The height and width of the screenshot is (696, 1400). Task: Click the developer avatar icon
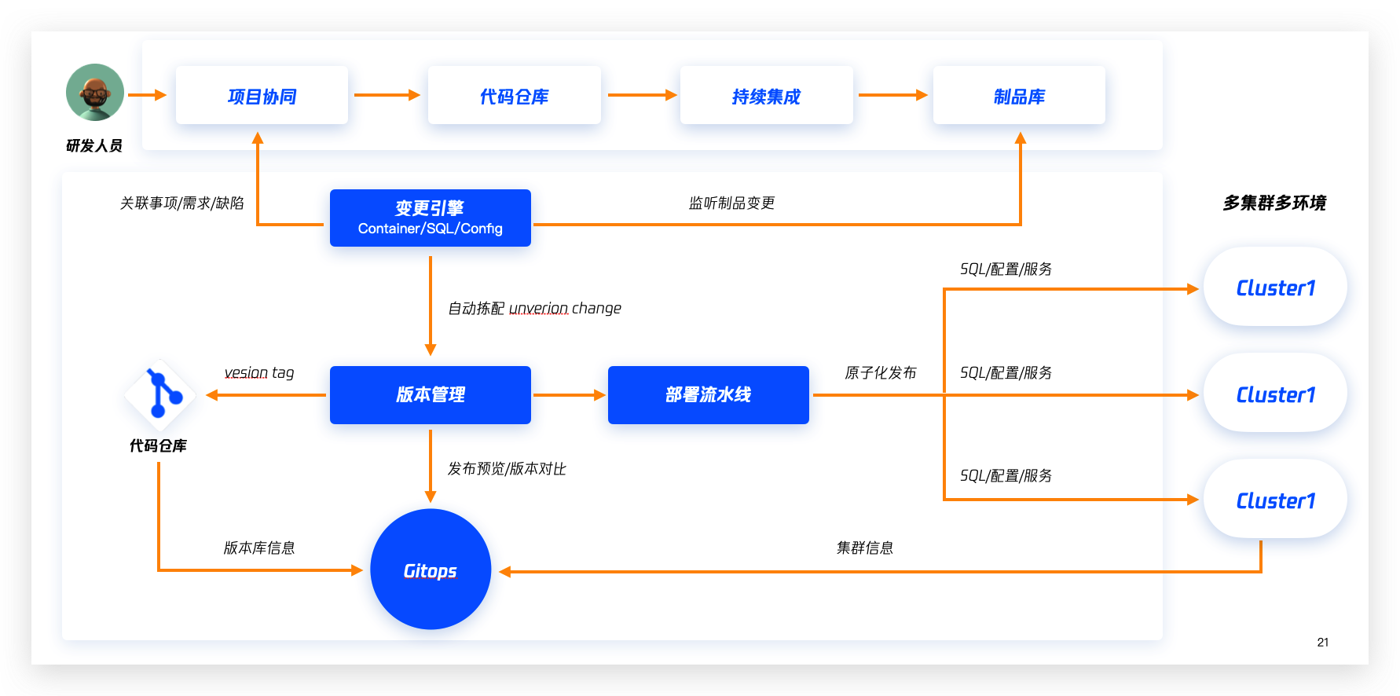(x=95, y=92)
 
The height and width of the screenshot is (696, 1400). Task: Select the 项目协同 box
(x=262, y=95)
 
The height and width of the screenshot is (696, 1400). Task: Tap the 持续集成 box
(x=766, y=95)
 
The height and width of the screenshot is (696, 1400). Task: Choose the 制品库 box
(x=1019, y=95)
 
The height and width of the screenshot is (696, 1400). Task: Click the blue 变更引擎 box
(x=431, y=218)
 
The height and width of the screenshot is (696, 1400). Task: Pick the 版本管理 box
(x=431, y=395)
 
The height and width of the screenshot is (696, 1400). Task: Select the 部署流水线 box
(x=709, y=395)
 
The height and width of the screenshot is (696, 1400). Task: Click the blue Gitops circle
(x=431, y=570)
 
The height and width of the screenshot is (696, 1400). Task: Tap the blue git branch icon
(x=159, y=394)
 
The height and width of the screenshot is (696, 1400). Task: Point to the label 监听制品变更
(x=731, y=203)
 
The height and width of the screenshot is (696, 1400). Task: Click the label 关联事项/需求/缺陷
(x=181, y=203)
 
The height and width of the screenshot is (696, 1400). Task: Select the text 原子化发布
(x=880, y=372)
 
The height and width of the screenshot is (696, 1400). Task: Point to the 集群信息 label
(x=864, y=548)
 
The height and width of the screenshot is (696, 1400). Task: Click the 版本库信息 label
(x=259, y=548)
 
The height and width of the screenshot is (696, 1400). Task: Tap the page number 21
(x=1323, y=642)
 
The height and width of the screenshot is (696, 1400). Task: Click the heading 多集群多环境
(x=1274, y=203)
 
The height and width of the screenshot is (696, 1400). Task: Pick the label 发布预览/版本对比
(x=507, y=468)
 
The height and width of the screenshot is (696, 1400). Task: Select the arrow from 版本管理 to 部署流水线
(x=570, y=395)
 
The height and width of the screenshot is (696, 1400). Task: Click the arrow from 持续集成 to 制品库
(x=893, y=95)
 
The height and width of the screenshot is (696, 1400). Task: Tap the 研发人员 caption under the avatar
(x=94, y=145)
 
